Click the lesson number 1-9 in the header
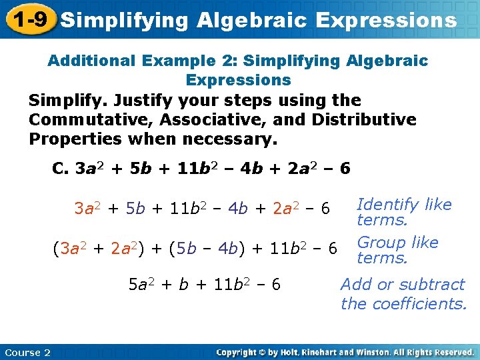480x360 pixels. tap(29, 19)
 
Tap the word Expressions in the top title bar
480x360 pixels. tap(387, 20)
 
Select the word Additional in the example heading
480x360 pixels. tap(93, 61)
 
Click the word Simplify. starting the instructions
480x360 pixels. tap(67, 101)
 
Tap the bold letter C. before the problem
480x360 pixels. tap(61, 168)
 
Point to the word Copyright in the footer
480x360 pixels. tap(238, 352)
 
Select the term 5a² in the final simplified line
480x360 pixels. tap(142, 285)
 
